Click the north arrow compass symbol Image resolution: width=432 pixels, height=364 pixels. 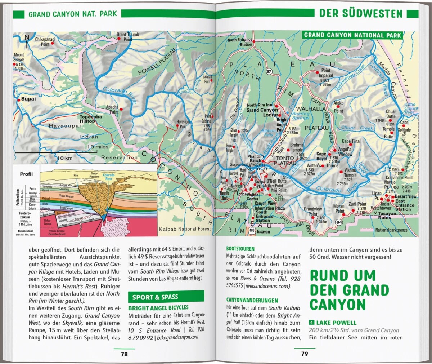(x=27, y=42)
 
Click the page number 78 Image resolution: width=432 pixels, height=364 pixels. (x=124, y=354)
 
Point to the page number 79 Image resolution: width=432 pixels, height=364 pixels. (x=305, y=354)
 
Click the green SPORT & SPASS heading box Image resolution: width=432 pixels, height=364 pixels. (x=166, y=297)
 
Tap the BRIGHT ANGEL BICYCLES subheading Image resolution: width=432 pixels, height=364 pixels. (x=158, y=308)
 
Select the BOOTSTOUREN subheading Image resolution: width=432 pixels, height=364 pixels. (x=240, y=249)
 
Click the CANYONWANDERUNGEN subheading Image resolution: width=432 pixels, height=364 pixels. (x=252, y=300)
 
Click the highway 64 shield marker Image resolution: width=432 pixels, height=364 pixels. (x=339, y=222)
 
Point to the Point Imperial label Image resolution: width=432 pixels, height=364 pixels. (x=325, y=73)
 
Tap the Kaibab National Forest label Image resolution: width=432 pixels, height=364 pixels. (x=183, y=229)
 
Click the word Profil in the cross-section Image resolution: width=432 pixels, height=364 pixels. (x=26, y=174)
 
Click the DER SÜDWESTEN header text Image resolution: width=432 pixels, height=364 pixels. (x=360, y=14)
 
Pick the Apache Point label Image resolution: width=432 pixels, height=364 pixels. (x=112, y=110)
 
